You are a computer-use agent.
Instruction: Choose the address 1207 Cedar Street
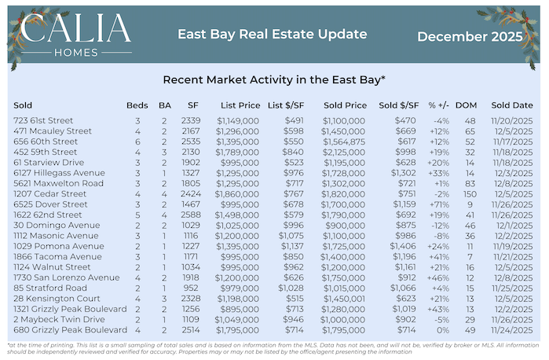coord(47,191)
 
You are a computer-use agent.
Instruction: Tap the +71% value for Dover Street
coord(437,203)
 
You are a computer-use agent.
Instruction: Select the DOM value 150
coord(470,191)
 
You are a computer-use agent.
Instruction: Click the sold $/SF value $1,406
coord(401,246)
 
